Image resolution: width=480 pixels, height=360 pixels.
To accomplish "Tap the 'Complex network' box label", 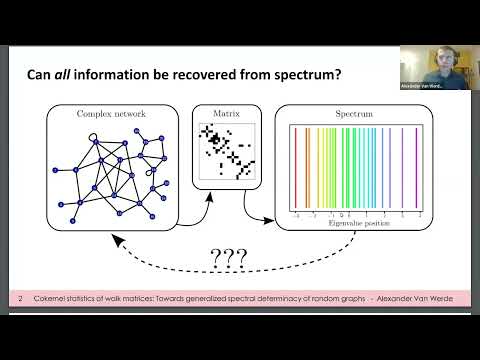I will [110, 115].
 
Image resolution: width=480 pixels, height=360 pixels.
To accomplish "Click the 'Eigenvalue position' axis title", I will [356, 222].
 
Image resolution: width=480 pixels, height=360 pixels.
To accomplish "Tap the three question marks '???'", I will [228, 263].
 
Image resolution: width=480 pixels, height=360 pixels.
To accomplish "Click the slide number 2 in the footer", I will [21, 299].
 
